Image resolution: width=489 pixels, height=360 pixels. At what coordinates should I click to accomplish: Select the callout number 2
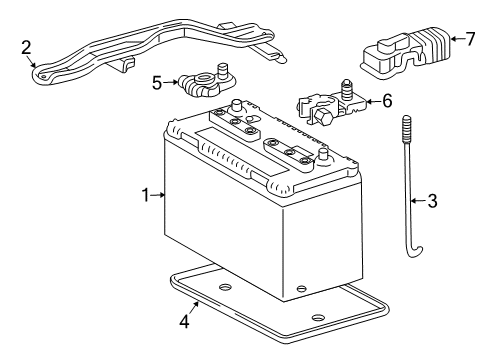click(25, 45)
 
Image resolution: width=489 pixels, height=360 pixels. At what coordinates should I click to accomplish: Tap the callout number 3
click(432, 201)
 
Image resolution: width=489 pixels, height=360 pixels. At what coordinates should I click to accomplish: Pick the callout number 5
click(157, 83)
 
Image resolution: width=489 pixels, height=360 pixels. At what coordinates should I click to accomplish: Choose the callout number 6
click(387, 101)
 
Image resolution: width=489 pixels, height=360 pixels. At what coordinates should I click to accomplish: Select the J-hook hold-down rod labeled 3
click(409, 200)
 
